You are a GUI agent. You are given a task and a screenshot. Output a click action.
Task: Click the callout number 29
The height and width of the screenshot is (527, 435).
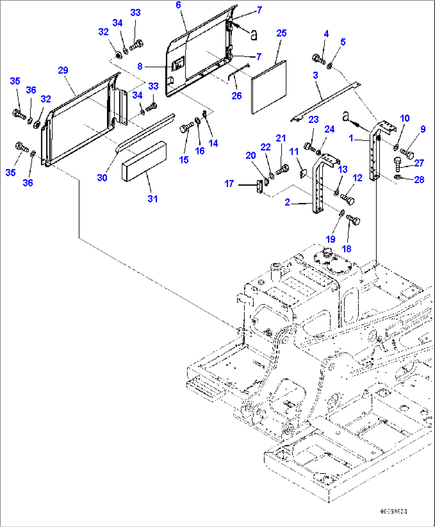click(63, 71)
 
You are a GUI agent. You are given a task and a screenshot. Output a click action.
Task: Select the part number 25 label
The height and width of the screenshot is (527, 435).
click(281, 33)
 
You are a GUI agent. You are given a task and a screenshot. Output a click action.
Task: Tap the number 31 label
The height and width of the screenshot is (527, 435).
click(153, 199)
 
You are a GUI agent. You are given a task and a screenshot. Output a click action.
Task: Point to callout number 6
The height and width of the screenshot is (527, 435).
click(178, 5)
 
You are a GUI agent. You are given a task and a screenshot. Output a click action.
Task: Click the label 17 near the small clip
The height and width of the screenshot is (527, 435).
click(229, 184)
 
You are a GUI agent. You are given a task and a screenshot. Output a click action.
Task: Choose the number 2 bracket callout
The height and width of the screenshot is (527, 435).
click(287, 203)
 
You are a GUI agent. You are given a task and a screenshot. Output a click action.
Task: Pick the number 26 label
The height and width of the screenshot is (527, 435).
click(237, 96)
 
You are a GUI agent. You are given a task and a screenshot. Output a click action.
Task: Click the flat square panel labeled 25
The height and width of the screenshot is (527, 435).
click(269, 87)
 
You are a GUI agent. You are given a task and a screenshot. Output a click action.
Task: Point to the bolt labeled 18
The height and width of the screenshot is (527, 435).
click(353, 220)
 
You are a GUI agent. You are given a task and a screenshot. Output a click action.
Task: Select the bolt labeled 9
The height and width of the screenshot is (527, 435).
click(407, 153)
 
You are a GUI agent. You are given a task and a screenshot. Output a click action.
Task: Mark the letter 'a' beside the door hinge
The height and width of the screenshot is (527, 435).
click(253, 35)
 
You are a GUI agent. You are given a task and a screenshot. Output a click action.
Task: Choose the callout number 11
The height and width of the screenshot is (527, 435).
click(294, 152)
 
